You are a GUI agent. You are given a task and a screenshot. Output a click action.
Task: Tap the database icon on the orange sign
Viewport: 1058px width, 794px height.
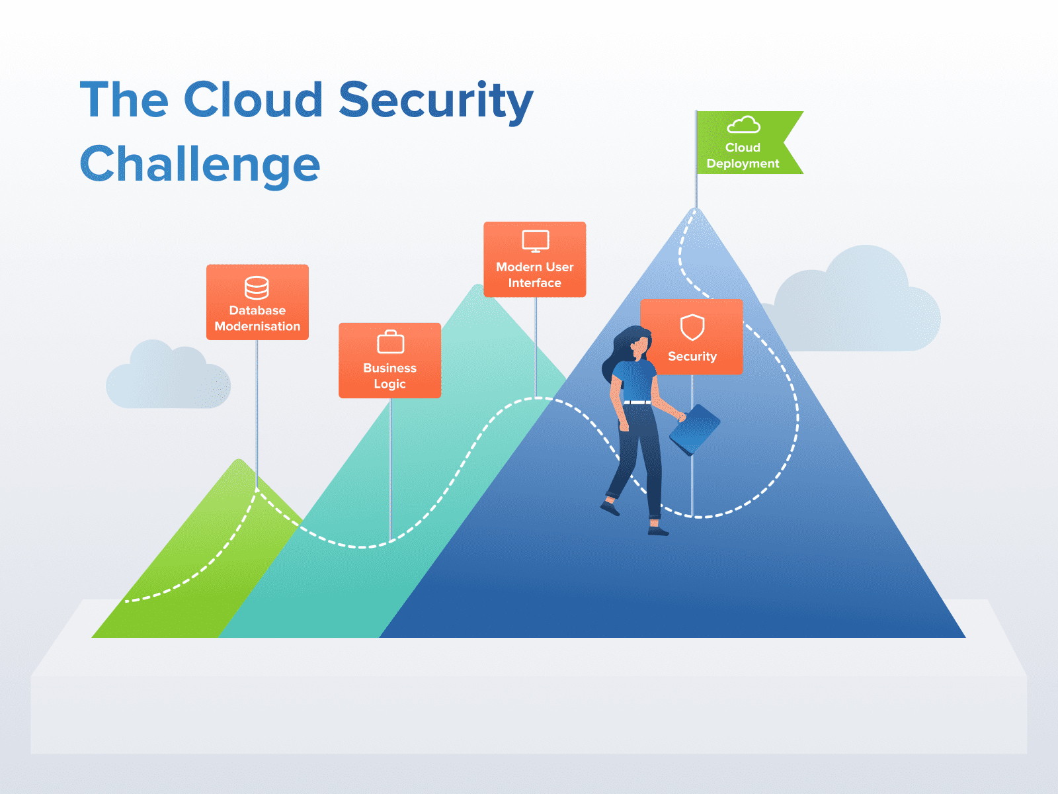257,288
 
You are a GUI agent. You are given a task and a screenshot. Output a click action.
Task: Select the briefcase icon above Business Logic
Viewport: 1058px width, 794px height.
390,342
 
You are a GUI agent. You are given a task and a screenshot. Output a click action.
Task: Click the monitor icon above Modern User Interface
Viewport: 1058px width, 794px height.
535,241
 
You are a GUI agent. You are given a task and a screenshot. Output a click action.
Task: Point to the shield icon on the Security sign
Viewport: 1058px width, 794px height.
692,327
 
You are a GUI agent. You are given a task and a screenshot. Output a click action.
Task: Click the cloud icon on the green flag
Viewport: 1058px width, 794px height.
743,125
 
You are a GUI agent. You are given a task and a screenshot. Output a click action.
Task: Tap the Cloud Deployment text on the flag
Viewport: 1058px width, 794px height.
743,155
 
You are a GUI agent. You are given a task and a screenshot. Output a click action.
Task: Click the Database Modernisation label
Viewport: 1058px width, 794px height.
257,318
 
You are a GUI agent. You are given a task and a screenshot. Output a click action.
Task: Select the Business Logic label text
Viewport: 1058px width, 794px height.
389,376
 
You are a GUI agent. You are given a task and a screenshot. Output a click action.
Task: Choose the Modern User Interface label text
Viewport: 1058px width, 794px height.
534,275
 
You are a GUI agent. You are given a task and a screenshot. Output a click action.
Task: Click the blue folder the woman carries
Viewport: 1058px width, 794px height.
694,429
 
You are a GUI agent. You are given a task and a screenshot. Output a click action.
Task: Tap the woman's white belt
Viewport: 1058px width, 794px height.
637,402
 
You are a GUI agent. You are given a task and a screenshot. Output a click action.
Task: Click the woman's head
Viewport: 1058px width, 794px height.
637,345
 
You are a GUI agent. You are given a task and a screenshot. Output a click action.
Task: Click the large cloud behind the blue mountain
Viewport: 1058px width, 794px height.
860,304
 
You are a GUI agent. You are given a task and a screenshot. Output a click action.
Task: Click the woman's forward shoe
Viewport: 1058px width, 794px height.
657,531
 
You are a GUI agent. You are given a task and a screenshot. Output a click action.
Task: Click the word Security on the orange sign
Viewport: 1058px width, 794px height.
692,357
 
